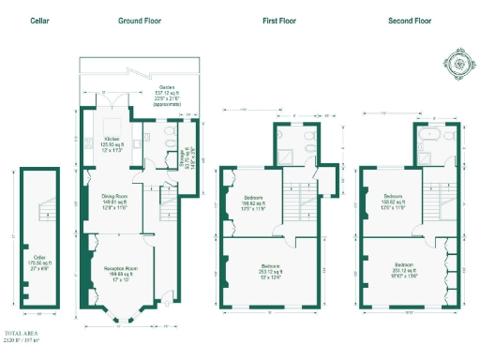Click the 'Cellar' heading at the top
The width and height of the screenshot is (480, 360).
[x=39, y=20]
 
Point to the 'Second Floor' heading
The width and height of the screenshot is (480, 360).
[x=409, y=20]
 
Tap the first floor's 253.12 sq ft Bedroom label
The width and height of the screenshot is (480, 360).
[x=270, y=272]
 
